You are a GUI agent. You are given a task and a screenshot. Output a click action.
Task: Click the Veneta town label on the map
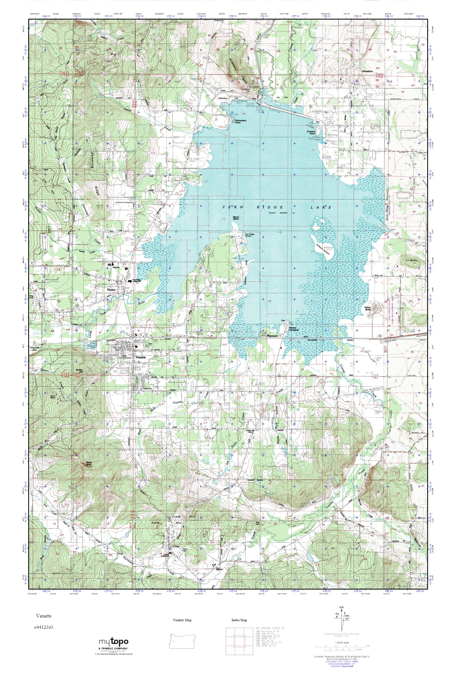(x=140, y=357)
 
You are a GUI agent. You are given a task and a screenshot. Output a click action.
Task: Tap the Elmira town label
(x=108, y=290)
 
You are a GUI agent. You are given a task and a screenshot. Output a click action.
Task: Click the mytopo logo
(x=113, y=642)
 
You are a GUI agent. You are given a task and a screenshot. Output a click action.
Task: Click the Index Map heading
(x=239, y=620)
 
